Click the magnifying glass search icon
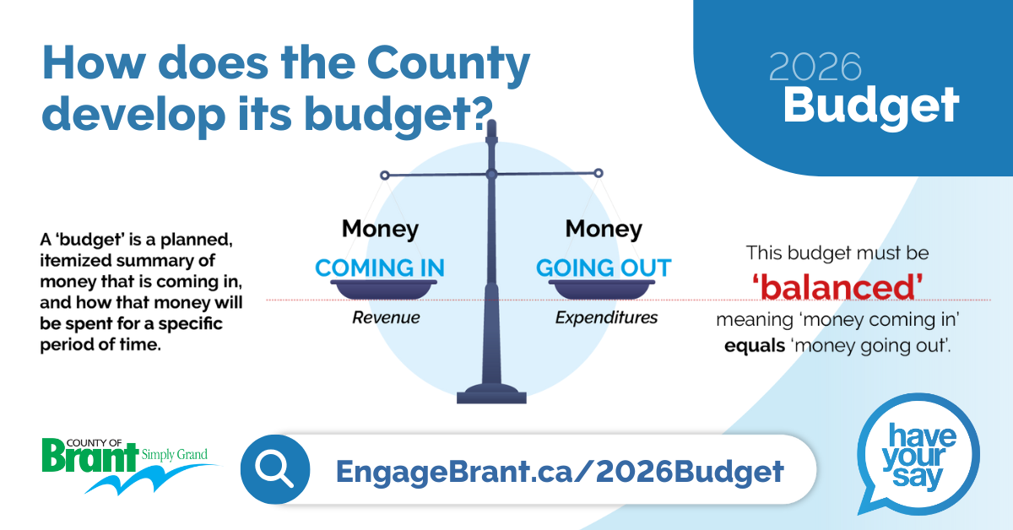[x=275, y=469]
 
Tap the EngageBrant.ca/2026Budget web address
[x=560, y=471]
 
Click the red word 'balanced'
[x=837, y=288]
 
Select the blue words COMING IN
[x=380, y=268]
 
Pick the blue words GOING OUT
[x=604, y=268]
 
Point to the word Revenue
[x=386, y=317]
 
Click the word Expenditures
[x=606, y=317]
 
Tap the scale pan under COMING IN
[x=384, y=289]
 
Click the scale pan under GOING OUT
[x=602, y=289]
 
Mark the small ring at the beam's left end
[x=384, y=175]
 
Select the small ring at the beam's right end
[x=599, y=173]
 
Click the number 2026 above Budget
[x=815, y=67]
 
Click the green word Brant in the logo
[x=90, y=457]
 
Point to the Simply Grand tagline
[x=175, y=455]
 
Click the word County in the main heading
[x=448, y=64]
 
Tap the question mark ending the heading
[x=481, y=113]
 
